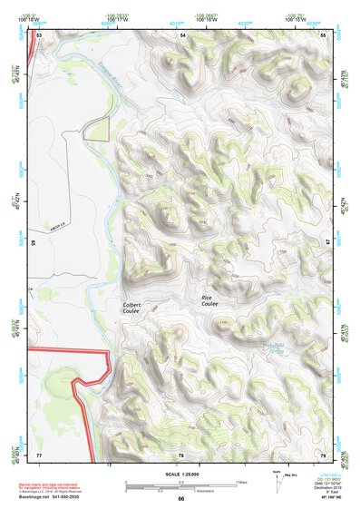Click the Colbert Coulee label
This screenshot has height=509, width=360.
click(x=132, y=307)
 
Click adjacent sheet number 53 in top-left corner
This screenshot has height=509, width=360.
click(x=39, y=34)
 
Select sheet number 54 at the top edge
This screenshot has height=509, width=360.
click(x=181, y=34)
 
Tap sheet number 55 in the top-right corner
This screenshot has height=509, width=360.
click(x=324, y=34)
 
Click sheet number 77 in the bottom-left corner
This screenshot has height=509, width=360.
click(x=39, y=453)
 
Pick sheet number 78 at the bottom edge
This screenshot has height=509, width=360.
click(x=181, y=453)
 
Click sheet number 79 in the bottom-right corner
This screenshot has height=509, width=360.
click(x=324, y=453)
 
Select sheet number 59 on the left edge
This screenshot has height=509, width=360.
click(x=34, y=243)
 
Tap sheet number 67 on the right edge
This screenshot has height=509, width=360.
click(x=328, y=243)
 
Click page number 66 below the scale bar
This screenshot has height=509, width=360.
click(x=181, y=498)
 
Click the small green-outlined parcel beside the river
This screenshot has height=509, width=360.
click(x=96, y=130)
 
